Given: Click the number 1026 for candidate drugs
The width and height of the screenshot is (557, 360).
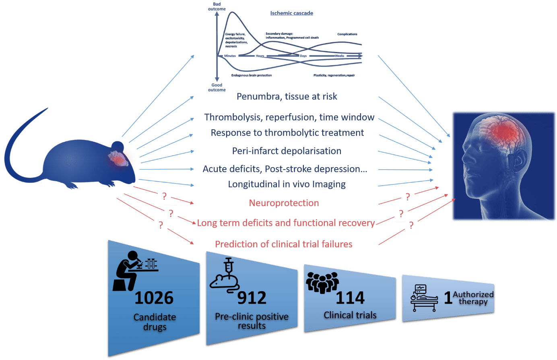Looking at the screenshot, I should coord(154,298).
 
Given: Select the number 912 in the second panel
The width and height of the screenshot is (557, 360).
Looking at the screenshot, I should coord(252,298).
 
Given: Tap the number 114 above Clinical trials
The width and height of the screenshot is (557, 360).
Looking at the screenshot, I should coord(350,298).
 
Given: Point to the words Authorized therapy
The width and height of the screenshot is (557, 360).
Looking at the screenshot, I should coord(473,298).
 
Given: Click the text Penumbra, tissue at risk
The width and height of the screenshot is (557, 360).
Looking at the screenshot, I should coord(287,97).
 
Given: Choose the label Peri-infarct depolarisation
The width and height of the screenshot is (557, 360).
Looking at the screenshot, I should coord(287,151).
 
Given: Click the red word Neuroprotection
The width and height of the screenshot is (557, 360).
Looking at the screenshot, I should coord(284,203).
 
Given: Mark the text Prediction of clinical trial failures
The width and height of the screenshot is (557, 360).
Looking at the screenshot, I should coord(284,244).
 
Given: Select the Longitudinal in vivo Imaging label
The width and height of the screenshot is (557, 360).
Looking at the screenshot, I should coord(287,184).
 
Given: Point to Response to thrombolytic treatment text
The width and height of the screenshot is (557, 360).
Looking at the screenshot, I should coord(287,133).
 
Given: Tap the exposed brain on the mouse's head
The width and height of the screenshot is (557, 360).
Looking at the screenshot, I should coord(117,158).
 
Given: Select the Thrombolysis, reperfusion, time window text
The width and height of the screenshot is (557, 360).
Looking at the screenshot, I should coord(289,117).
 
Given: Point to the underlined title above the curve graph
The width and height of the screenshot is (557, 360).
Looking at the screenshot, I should coord(291,13).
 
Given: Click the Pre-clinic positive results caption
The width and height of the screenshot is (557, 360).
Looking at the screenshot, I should coord(252,321).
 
